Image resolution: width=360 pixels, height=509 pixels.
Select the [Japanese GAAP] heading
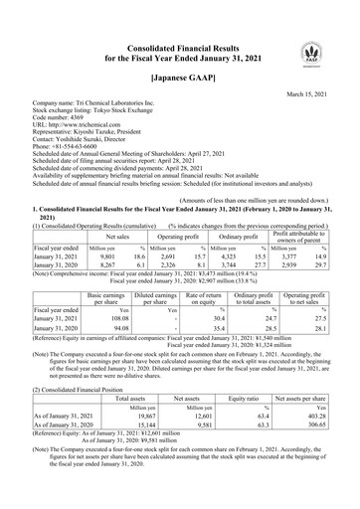point(179,76)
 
